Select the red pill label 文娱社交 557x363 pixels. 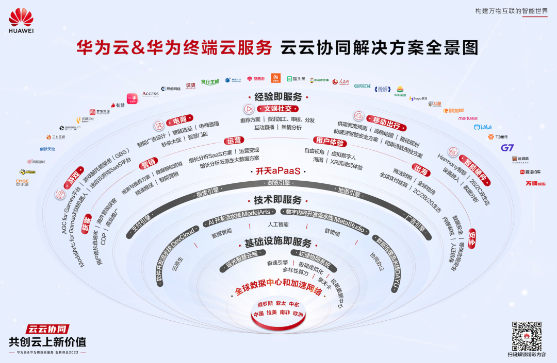pyautogui.click(x=277, y=109)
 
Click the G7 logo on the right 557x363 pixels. pyautogui.click(x=507, y=148)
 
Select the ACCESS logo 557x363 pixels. pyautogui.click(x=150, y=94)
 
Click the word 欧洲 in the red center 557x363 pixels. pyautogui.click(x=298, y=313)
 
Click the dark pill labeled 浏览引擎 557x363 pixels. pyautogui.click(x=279, y=183)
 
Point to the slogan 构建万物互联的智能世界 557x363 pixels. pyautogui.click(x=511, y=11)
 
